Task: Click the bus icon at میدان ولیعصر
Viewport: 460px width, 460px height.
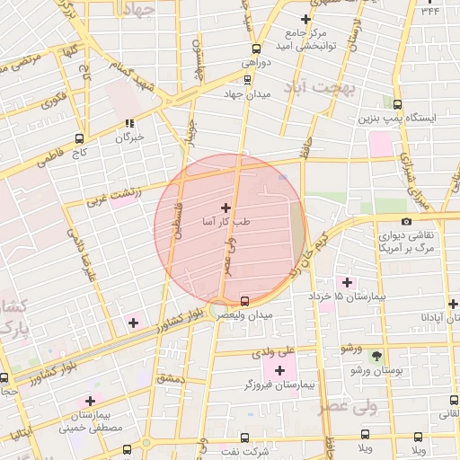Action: click(246, 299)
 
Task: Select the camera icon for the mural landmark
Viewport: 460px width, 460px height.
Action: click(406, 220)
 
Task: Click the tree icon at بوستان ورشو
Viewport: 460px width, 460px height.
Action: click(377, 355)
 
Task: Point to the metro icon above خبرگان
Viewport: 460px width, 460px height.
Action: click(129, 123)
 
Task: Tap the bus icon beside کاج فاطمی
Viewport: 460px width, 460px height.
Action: click(79, 138)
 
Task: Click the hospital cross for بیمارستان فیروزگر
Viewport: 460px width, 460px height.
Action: click(279, 369)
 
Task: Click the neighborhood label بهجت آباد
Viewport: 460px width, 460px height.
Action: click(320, 87)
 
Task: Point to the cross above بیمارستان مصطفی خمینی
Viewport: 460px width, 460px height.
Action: click(90, 401)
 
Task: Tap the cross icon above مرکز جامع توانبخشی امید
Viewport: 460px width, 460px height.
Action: click(307, 18)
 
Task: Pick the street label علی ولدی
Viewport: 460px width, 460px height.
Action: click(300, 349)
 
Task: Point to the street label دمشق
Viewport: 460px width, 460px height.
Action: click(169, 377)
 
